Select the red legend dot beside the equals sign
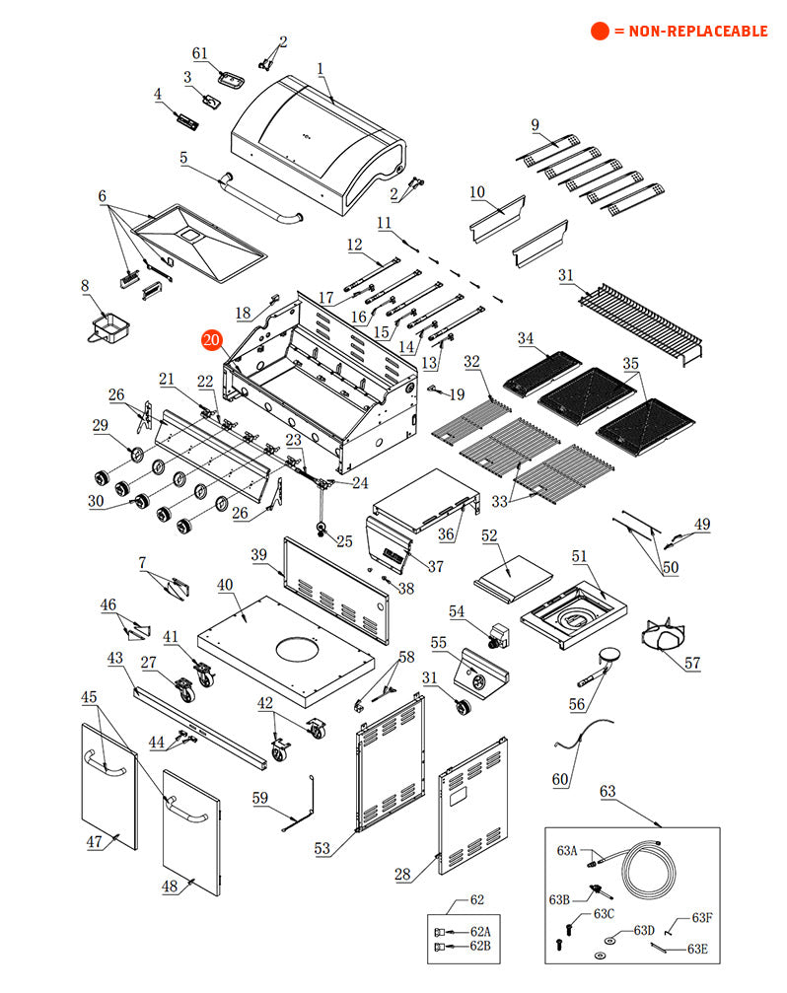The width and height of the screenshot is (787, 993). (x=600, y=32)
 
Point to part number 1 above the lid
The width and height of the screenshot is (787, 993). (x=321, y=69)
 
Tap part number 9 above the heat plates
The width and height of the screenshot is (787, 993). (x=535, y=125)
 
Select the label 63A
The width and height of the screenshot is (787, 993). (x=567, y=850)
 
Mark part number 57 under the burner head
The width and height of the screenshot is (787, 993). (x=692, y=664)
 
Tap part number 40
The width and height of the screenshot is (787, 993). (x=226, y=586)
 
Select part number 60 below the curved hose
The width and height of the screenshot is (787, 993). (x=560, y=779)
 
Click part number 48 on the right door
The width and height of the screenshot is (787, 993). (x=170, y=887)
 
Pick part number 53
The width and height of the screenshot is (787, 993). (x=322, y=847)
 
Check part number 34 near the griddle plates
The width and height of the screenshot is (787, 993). (x=527, y=339)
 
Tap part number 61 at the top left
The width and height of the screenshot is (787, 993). (x=200, y=53)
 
